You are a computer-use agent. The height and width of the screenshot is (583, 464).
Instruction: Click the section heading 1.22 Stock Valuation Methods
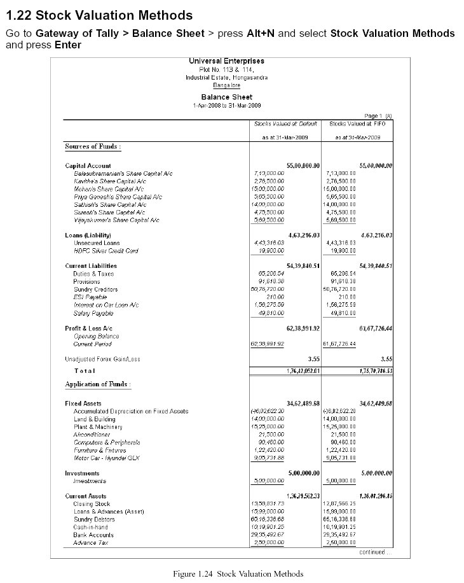99,14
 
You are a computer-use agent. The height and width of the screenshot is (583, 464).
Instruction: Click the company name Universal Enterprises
226,61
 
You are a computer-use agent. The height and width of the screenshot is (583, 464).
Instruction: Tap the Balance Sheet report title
226,97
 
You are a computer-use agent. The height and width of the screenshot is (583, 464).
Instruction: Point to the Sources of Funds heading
93,146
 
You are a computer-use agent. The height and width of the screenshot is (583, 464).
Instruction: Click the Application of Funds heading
98,384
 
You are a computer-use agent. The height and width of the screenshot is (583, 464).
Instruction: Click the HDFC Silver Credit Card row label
106,251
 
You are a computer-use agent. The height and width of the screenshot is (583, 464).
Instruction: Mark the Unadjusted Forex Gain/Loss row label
102,359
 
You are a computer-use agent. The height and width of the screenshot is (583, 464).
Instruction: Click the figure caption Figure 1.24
238,573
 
